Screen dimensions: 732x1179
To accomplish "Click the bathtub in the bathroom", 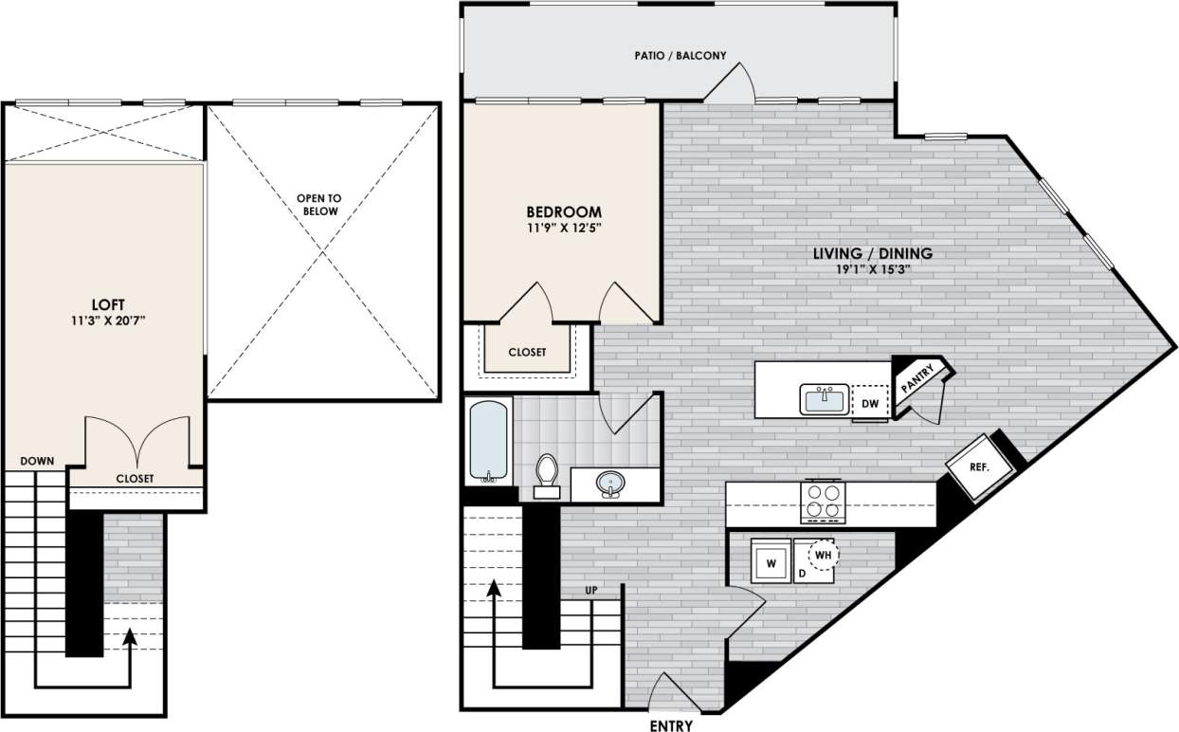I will [x=489, y=441].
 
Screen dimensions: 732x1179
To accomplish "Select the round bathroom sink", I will [x=611, y=485].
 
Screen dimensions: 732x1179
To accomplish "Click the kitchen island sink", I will [x=823, y=399].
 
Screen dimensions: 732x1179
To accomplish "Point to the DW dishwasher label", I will [x=870, y=404].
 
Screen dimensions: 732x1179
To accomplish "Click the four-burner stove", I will [x=823, y=502].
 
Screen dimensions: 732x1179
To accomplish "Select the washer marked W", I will [x=771, y=562].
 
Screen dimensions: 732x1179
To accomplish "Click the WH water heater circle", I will [x=824, y=553].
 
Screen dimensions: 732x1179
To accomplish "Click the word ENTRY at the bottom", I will [x=671, y=726].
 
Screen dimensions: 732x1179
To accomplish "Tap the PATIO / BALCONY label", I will [x=680, y=56].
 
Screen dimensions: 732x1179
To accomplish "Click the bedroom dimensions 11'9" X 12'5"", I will [x=565, y=229].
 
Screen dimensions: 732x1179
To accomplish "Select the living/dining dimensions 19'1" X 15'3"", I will [x=873, y=270].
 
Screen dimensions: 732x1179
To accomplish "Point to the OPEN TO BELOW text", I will [x=317, y=205].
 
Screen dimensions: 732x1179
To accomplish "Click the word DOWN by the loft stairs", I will [x=37, y=461].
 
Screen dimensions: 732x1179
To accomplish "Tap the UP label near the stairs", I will [x=591, y=590].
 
